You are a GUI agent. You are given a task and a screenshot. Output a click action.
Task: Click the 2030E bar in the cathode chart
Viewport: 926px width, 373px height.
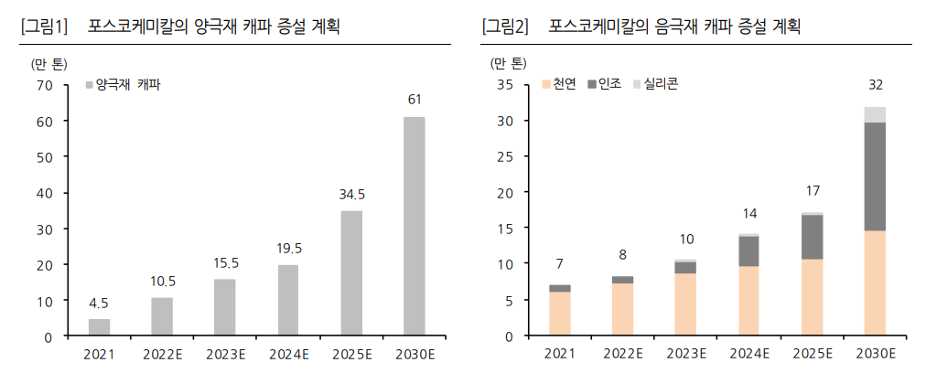coord(414,226)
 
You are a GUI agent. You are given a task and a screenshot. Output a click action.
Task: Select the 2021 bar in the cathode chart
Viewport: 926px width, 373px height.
coord(100,327)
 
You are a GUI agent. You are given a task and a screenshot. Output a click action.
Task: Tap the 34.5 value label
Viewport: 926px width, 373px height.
coord(351,194)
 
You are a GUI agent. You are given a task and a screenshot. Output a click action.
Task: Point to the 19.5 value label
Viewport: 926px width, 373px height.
coord(288,248)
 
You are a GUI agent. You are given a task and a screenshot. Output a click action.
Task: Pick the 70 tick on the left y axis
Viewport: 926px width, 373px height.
coord(45,85)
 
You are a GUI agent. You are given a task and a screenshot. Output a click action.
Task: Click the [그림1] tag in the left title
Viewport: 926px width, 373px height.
coord(44,27)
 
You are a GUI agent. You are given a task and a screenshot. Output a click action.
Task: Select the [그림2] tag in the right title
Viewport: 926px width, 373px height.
coord(505,27)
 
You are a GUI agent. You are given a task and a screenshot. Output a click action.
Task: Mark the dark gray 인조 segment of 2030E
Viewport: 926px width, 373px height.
coord(875,176)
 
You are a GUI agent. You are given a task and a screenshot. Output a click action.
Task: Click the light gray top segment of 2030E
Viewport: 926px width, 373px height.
coord(875,114)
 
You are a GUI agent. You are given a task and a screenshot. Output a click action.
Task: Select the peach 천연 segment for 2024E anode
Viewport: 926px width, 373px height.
coord(748,301)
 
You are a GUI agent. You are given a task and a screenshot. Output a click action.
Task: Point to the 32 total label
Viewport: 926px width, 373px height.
coord(875,86)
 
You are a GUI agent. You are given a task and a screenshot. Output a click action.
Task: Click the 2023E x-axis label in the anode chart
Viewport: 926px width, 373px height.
coord(686,352)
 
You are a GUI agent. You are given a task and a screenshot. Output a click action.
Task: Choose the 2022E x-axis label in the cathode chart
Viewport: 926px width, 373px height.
coord(162,352)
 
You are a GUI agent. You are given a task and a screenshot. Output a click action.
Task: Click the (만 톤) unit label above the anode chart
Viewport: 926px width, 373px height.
coord(508,63)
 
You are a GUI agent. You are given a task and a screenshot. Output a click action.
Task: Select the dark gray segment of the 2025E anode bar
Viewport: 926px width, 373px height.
coord(812,237)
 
